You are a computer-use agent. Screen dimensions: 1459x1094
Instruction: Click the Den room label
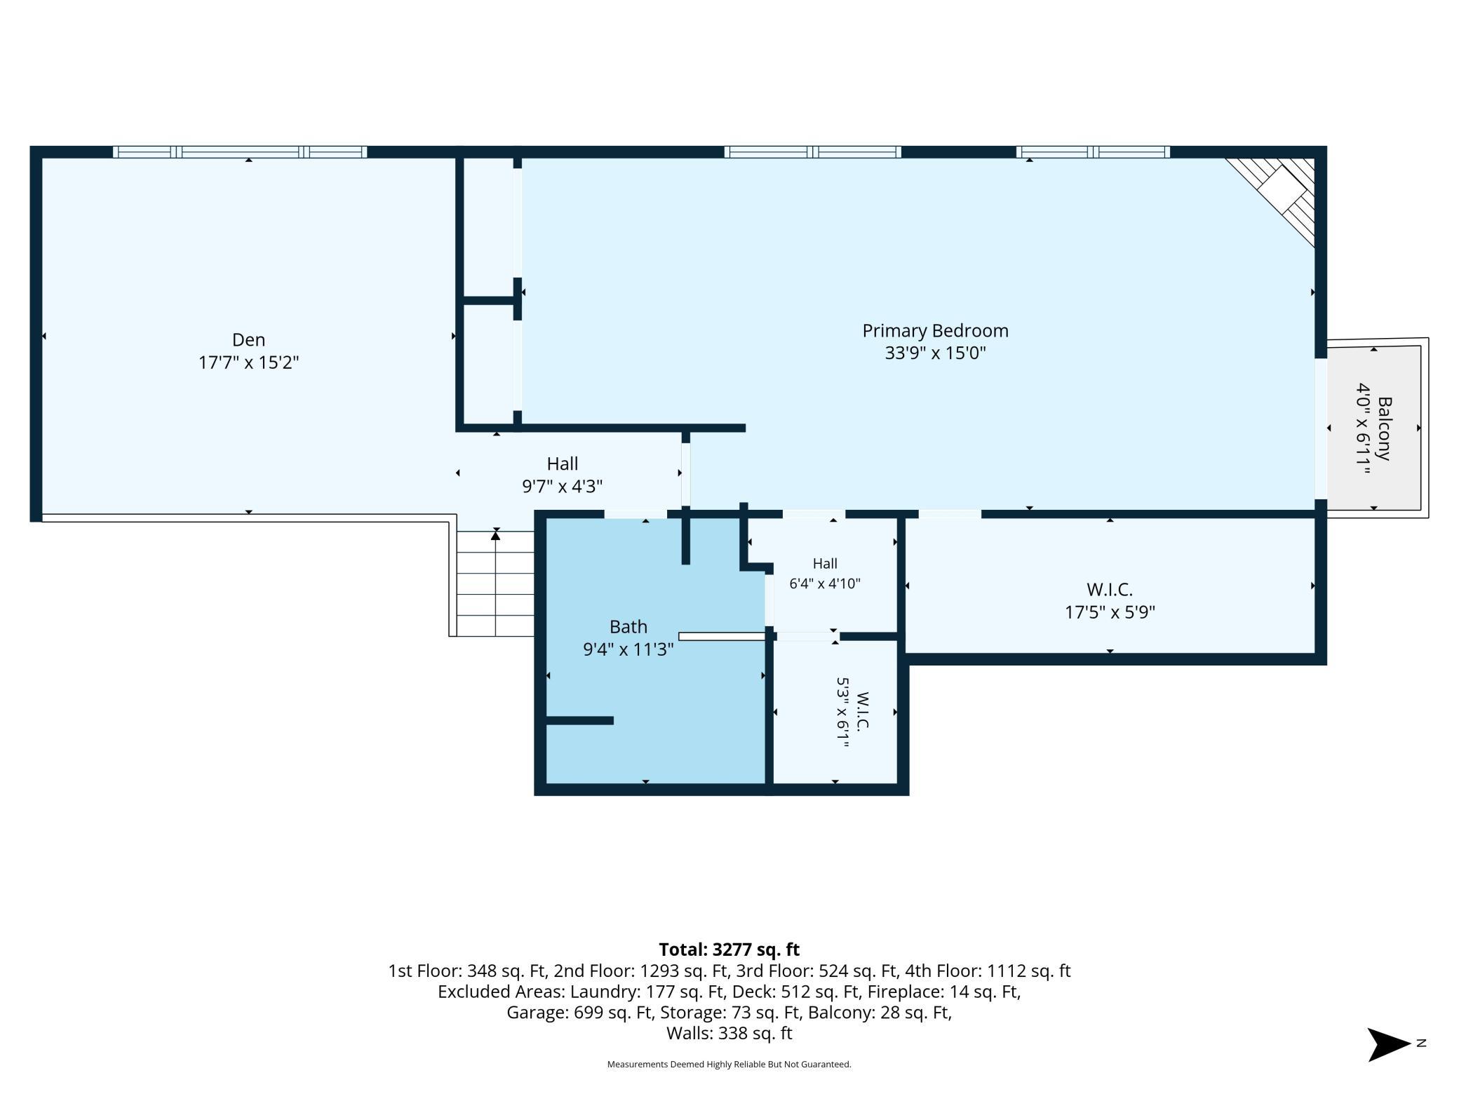click(248, 339)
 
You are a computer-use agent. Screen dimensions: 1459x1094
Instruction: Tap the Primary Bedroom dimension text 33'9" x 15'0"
click(935, 353)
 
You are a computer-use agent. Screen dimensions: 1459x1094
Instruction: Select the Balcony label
click(1385, 428)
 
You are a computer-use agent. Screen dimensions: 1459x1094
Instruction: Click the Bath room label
click(628, 626)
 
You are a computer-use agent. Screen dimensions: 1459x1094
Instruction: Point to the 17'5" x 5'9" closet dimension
click(1110, 612)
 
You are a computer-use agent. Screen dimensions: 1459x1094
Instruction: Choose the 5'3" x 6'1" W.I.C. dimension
click(842, 713)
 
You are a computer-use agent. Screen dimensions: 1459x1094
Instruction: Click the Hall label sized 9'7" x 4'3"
click(563, 464)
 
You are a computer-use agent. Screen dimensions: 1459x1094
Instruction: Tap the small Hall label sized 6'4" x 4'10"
click(825, 563)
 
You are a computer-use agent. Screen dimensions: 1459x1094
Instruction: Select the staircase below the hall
click(495, 583)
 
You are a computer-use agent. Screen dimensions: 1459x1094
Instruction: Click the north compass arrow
click(1389, 1044)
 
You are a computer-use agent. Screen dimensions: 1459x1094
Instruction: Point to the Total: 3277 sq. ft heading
click(729, 950)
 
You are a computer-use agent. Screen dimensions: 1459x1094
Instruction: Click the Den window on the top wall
click(240, 151)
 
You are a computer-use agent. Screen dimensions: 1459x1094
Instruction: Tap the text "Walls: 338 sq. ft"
click(729, 1033)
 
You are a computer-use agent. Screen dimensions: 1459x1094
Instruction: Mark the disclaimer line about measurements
click(729, 1065)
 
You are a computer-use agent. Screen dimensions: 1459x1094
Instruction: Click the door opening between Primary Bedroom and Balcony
click(1321, 428)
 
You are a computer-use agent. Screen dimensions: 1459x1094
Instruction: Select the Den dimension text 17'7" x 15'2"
click(248, 363)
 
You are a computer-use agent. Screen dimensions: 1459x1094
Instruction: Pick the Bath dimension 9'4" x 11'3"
click(628, 649)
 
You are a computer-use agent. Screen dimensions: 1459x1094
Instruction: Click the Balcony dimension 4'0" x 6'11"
click(1363, 428)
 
